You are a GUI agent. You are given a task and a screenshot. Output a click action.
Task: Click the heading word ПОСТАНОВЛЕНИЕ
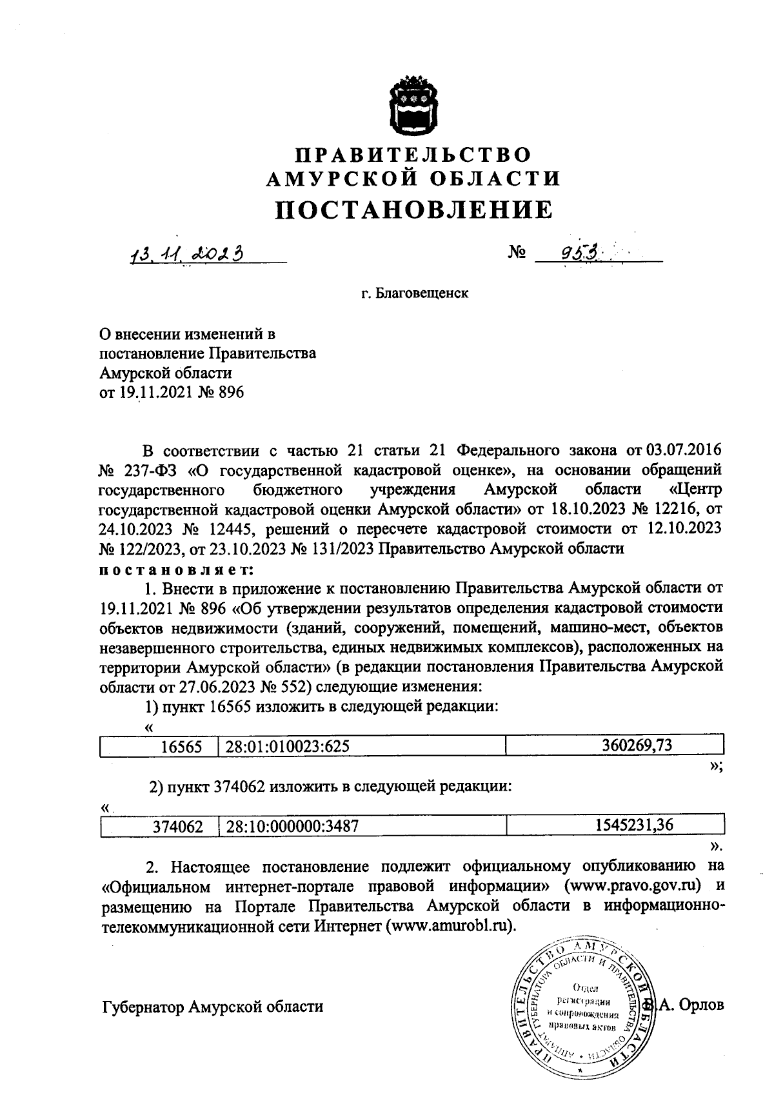(414, 210)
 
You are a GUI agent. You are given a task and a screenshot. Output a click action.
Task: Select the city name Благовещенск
(414, 294)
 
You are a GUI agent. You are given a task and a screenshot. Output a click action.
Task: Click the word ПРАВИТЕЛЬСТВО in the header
(414, 155)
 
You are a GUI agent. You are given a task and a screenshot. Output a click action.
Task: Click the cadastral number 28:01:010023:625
(288, 747)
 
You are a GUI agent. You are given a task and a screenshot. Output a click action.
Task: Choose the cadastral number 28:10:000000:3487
(292, 827)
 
